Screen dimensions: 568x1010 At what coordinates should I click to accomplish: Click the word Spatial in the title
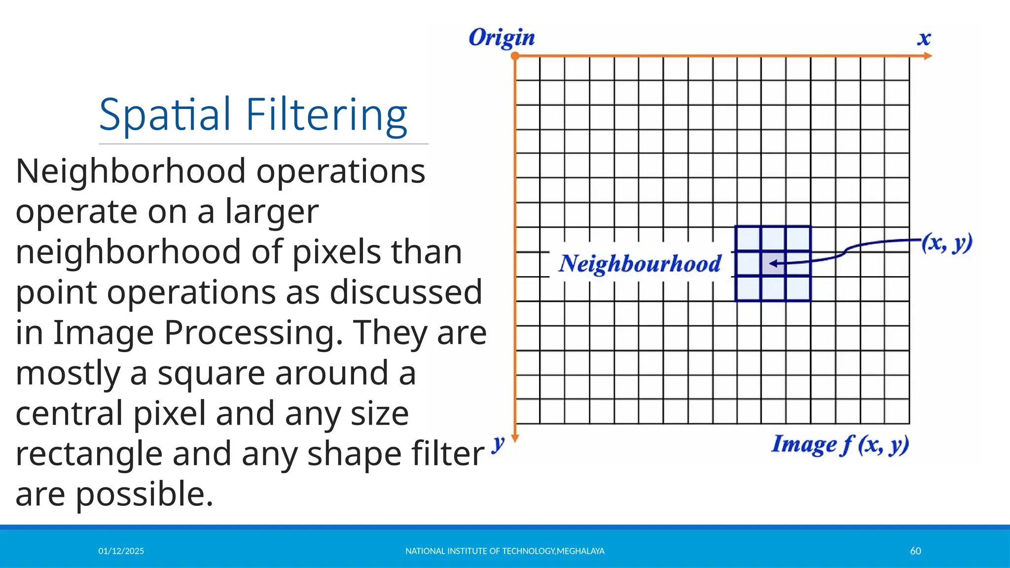coord(165,115)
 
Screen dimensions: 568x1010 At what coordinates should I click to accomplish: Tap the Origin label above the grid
coord(501,38)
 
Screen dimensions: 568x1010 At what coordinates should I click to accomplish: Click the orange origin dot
coord(515,56)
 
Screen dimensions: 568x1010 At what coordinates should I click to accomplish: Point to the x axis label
coord(924,38)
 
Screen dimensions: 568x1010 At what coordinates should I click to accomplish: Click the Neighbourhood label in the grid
coord(640,264)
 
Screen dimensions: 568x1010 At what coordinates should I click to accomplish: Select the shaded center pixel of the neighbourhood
coord(773,264)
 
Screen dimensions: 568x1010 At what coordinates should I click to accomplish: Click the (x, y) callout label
coord(947,243)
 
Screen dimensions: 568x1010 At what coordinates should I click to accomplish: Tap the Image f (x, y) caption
coord(840,444)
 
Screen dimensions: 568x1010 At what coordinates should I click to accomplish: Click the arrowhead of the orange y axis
coord(515,438)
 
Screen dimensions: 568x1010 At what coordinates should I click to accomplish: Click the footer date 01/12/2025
coord(121,551)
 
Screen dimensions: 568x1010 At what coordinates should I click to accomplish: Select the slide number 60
coord(915,551)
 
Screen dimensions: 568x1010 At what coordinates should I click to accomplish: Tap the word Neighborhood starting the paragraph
coord(131,172)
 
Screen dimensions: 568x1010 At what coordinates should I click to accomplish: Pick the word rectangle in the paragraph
coord(89,454)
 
